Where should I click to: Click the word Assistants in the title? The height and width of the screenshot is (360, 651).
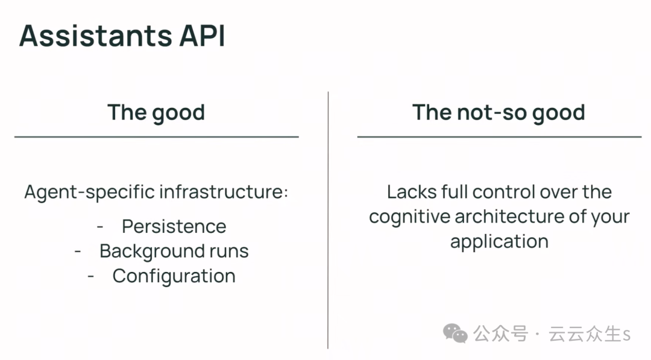click(95, 36)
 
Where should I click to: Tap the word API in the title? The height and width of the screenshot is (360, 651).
click(202, 36)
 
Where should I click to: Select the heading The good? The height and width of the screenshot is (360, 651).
click(156, 113)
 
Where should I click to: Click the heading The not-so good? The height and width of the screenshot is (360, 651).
click(498, 113)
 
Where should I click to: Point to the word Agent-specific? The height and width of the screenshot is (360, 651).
click(89, 193)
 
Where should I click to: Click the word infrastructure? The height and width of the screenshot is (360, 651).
click(224, 192)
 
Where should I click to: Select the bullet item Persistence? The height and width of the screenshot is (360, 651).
click(174, 227)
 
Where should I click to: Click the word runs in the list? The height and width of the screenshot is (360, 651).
click(229, 251)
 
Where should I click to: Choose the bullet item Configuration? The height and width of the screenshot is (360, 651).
click(174, 277)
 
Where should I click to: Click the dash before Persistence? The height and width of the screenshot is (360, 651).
click(100, 227)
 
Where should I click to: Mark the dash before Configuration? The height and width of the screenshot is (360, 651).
click(91, 277)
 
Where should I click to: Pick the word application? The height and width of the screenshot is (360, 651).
click(500, 242)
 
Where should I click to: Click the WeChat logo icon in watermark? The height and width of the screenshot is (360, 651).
click(455, 333)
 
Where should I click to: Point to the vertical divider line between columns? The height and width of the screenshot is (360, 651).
click(328, 220)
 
